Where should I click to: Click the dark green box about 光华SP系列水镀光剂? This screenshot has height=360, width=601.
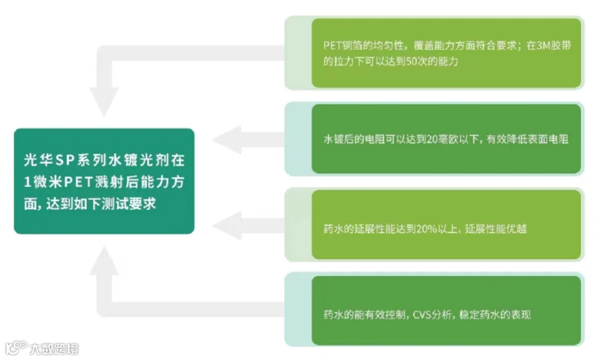click(x=104, y=181)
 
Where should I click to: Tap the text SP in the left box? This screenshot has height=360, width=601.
click(x=65, y=160)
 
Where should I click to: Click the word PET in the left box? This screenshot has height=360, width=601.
click(x=84, y=182)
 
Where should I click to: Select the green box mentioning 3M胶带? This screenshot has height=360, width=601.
click(x=446, y=53)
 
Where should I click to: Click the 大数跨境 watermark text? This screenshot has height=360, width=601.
click(x=53, y=349)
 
